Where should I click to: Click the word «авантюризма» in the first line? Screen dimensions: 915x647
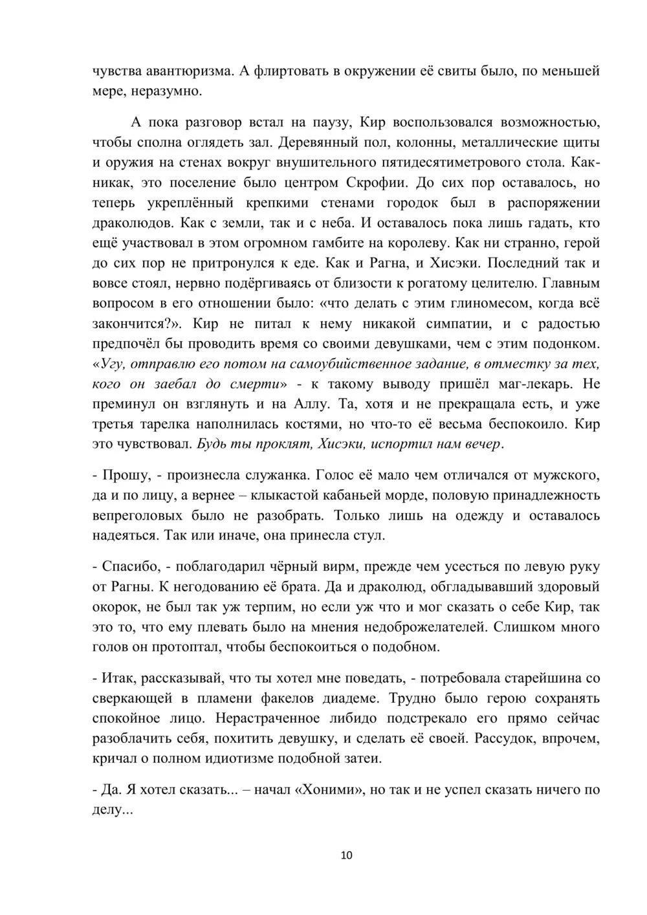184,71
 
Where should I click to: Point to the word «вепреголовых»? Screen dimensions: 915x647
138,516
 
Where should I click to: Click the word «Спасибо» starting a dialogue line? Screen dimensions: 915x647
127,567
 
